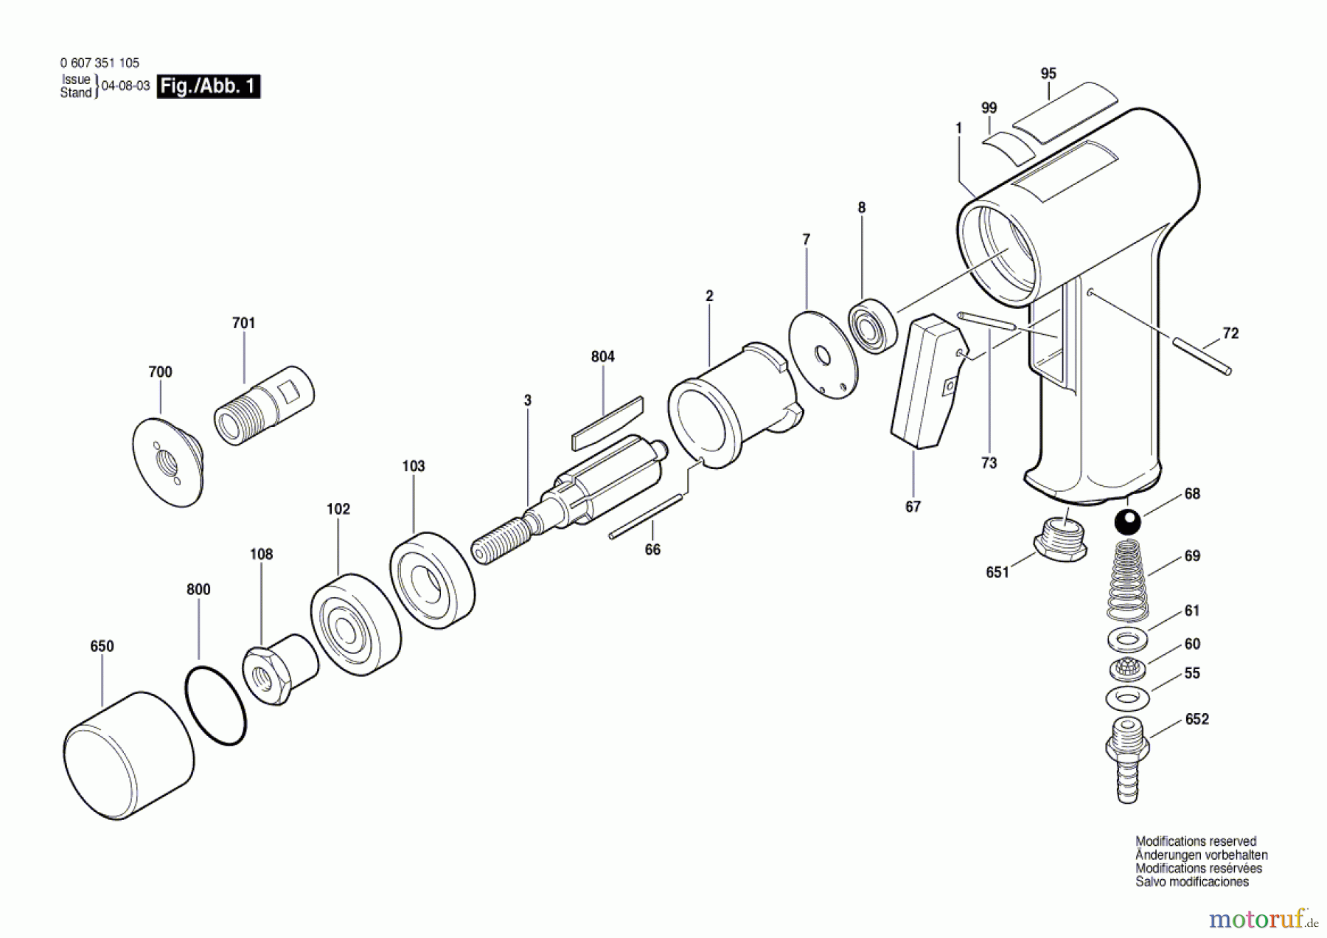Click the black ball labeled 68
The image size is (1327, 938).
coord(1127,521)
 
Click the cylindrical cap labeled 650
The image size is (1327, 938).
coord(128,754)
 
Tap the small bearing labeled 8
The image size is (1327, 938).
coord(874,326)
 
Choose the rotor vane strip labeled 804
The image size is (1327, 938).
coord(607,424)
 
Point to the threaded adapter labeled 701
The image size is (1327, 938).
coord(264,405)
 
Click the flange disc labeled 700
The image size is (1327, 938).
coord(169,462)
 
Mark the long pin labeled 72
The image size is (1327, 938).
coord(1202,355)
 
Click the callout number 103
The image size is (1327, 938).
coord(414,466)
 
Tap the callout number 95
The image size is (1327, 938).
coord(1048,74)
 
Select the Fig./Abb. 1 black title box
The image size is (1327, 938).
coord(209,86)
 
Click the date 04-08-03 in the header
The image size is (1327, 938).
coord(125,86)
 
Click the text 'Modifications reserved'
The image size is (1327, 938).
coord(1196,841)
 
